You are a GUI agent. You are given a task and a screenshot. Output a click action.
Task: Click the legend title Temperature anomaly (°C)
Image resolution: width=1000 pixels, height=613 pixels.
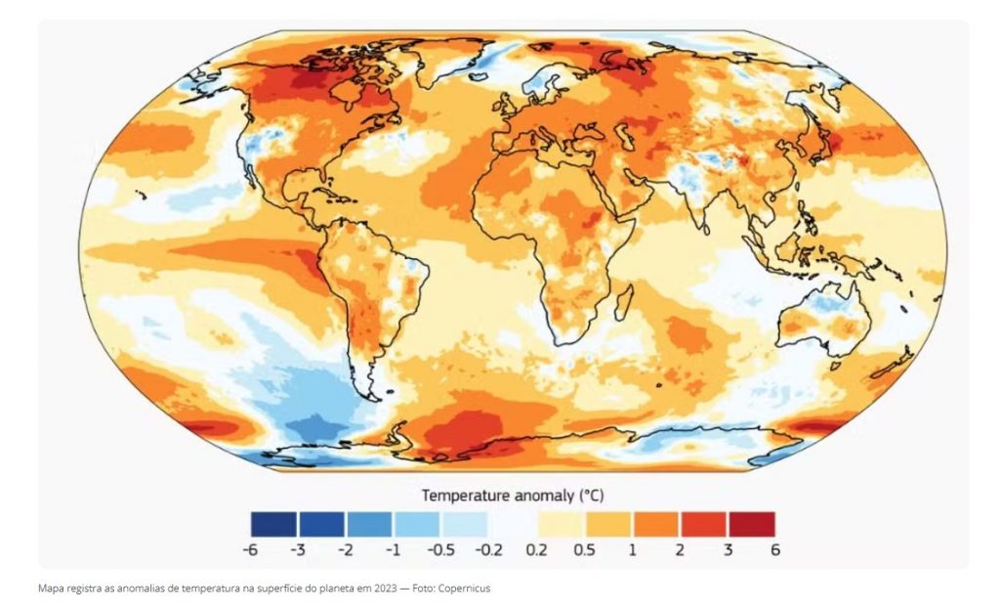click(x=513, y=495)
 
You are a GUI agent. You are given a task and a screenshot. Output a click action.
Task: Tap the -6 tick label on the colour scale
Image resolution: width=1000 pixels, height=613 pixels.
click(x=250, y=549)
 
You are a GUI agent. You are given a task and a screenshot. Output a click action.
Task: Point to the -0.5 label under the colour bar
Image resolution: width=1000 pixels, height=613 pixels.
click(x=439, y=549)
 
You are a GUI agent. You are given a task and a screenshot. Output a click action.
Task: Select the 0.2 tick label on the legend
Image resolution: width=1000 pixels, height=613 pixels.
click(x=537, y=549)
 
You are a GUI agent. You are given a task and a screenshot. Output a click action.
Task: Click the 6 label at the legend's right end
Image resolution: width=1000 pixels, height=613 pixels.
click(x=775, y=549)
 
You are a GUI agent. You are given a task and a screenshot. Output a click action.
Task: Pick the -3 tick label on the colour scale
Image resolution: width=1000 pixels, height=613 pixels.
click(x=298, y=549)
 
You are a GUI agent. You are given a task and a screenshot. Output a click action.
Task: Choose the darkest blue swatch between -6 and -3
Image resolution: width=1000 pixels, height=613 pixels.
click(x=273, y=524)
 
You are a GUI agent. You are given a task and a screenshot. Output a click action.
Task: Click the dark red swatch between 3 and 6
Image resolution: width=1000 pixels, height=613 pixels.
click(x=751, y=524)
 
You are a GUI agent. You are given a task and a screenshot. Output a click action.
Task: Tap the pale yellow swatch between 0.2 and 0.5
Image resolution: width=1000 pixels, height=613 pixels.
click(x=561, y=524)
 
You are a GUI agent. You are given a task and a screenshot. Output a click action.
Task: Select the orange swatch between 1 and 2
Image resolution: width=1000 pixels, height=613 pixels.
click(x=655, y=524)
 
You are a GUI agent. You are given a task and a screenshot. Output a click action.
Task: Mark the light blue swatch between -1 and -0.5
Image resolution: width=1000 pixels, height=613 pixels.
click(x=417, y=524)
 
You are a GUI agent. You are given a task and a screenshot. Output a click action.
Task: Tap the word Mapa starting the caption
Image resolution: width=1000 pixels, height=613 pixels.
click(x=50, y=589)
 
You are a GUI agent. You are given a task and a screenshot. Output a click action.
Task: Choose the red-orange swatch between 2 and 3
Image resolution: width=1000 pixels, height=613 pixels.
click(x=703, y=524)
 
